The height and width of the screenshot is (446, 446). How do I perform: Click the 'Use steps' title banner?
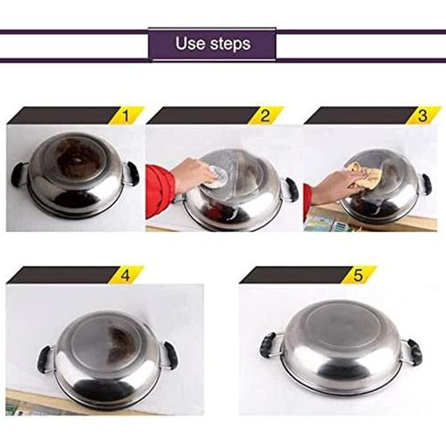[x=212, y=44]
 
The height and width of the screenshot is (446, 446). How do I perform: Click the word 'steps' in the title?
[x=231, y=44]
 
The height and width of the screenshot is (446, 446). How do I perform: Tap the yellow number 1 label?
[x=128, y=115]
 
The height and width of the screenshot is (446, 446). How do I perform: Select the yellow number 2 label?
[x=265, y=115]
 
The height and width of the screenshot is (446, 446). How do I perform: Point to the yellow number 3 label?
[x=423, y=115]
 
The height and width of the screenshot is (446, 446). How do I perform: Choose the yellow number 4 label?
[x=126, y=275]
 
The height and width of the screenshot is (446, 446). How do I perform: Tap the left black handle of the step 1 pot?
[x=19, y=174]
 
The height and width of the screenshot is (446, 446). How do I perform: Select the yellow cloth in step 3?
[x=365, y=175]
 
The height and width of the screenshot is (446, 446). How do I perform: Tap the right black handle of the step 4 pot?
[x=169, y=354]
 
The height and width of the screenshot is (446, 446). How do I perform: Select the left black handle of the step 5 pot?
[x=268, y=344]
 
